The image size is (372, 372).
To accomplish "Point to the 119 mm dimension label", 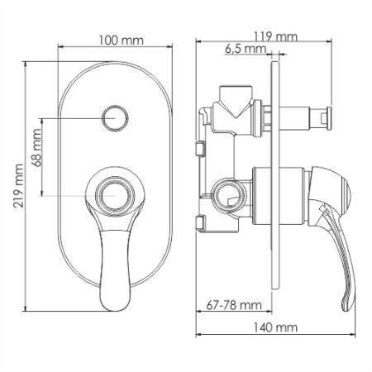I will point(275,36).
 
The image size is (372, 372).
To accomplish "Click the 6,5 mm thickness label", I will point(244,50).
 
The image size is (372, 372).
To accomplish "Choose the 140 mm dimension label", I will point(278,328).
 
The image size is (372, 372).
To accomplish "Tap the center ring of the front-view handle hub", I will point(114,195).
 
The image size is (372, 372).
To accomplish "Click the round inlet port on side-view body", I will point(224,196).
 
